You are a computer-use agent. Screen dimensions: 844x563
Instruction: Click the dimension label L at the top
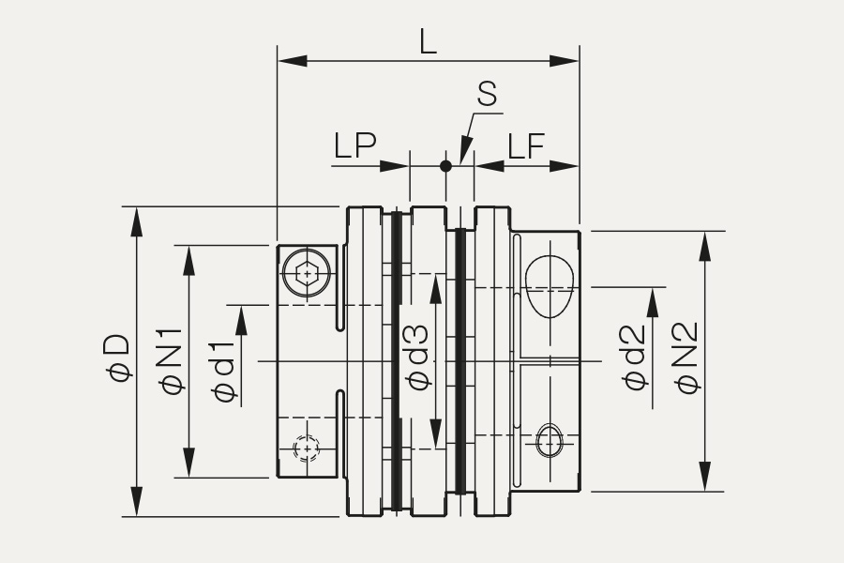tap(428, 41)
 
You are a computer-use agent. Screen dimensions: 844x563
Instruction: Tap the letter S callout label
tap(487, 93)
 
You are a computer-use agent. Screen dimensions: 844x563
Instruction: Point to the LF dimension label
tap(526, 145)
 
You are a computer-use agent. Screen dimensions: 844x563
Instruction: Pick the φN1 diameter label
tap(172, 361)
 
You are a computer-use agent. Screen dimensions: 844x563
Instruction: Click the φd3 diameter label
tap(419, 358)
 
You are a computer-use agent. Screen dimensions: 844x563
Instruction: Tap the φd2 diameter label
tap(634, 358)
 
